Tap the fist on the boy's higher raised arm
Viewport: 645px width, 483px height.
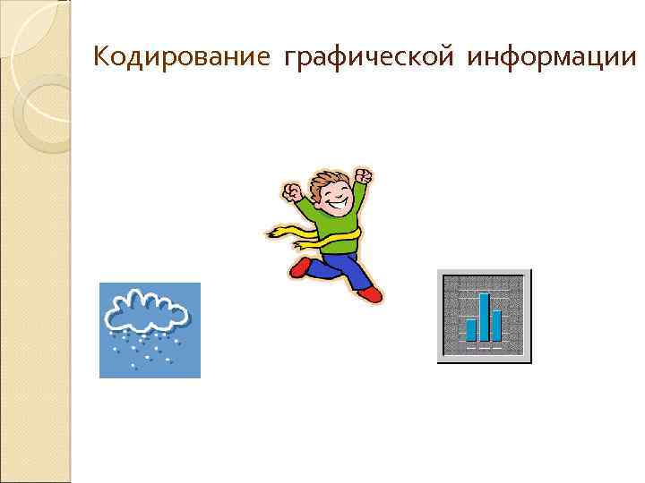point(363,174)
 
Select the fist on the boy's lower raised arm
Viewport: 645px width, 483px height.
point(292,192)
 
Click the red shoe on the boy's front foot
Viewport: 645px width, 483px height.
point(369,293)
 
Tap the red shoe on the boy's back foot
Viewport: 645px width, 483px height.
point(299,267)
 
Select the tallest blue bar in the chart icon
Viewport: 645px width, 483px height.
point(485,317)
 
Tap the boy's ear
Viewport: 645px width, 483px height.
point(318,199)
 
